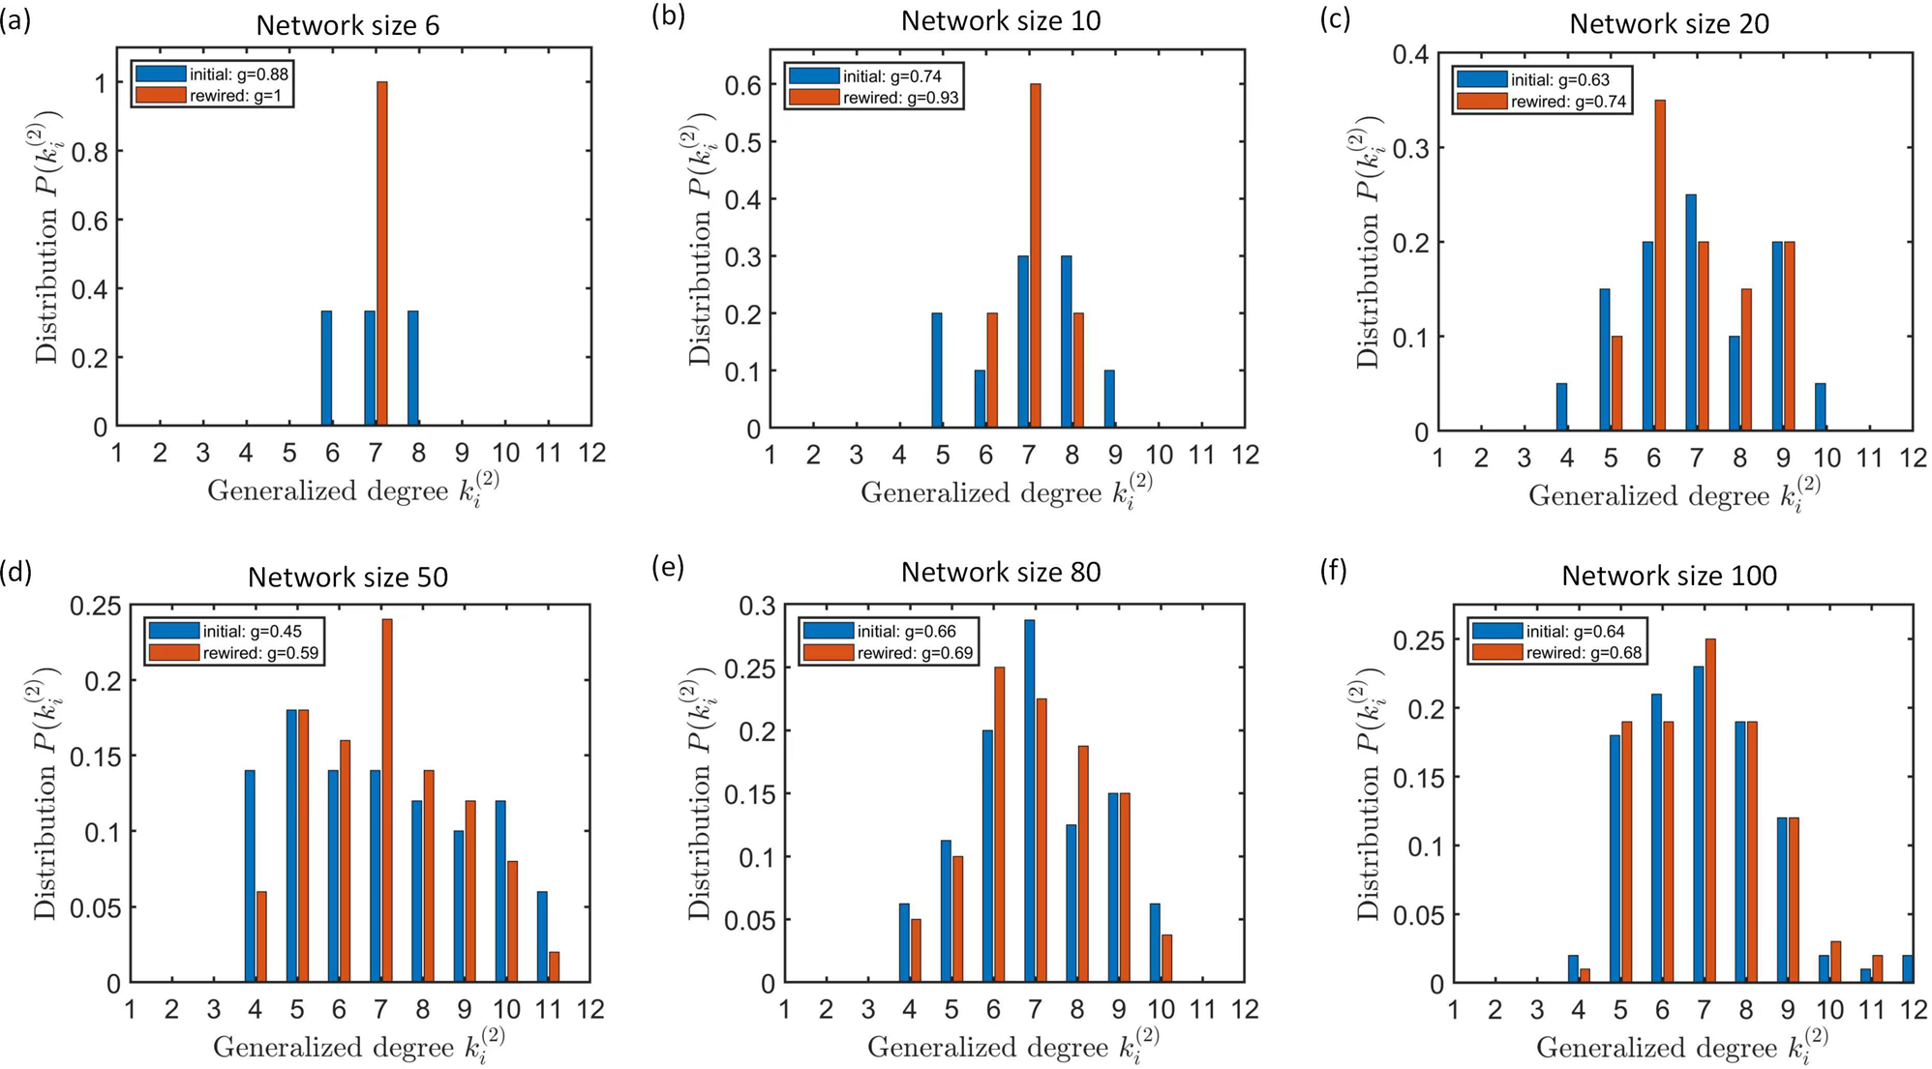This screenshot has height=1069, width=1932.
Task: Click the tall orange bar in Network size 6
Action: click(382, 253)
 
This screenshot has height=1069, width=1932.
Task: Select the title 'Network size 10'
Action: click(1001, 20)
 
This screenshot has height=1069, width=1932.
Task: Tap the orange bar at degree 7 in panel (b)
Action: click(1036, 255)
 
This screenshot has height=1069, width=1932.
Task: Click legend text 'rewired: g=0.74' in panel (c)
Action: click(1568, 102)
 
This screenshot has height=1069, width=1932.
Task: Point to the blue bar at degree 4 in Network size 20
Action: click(1561, 406)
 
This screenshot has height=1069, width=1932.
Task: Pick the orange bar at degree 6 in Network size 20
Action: click(1660, 265)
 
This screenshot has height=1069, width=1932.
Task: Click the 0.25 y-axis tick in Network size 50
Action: click(95, 607)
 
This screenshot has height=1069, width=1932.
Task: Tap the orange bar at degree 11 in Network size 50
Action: click(554, 966)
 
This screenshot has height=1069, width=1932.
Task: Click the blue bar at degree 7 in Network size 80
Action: click(1029, 800)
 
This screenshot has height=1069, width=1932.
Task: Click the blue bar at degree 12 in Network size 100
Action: click(1907, 968)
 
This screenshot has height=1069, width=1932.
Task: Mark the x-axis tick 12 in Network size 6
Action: click(591, 453)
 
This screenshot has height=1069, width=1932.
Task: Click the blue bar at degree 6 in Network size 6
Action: click(327, 369)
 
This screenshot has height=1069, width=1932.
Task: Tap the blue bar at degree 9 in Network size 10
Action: click(1109, 399)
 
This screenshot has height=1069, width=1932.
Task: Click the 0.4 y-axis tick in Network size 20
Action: click(1410, 55)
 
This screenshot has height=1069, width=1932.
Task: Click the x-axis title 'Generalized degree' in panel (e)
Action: click(986, 1047)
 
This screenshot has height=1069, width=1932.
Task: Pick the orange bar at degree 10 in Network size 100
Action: click(1835, 962)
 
